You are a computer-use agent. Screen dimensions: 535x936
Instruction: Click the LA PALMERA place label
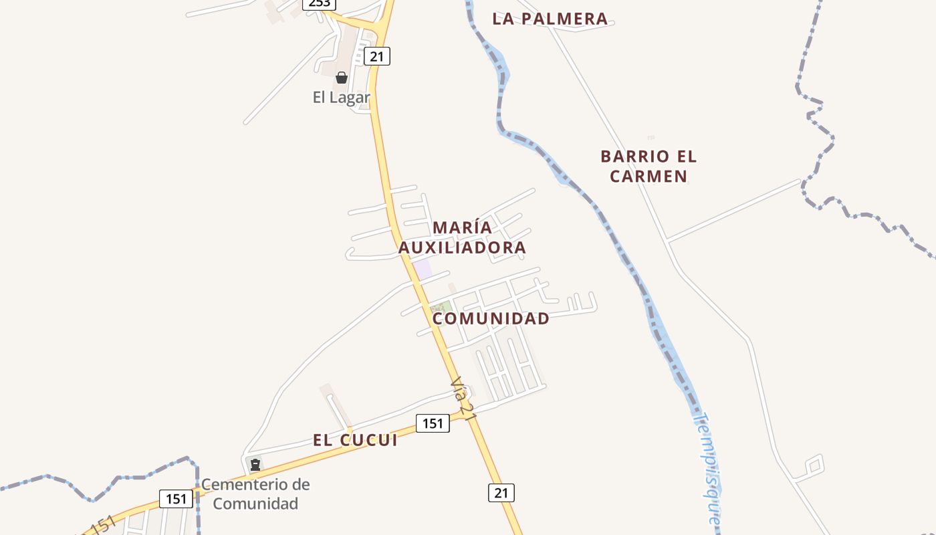(550, 19)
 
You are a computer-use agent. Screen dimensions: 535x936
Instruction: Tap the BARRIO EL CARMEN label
(649, 167)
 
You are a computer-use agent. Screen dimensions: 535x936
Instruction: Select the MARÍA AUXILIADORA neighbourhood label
(463, 237)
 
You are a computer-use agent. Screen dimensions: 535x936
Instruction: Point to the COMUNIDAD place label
(491, 318)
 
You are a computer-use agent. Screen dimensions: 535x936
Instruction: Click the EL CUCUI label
(355, 440)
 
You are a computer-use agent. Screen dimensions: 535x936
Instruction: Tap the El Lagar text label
(341, 98)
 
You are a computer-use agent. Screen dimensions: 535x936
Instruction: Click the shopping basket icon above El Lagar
(342, 78)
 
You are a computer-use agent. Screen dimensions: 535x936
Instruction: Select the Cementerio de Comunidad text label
(255, 494)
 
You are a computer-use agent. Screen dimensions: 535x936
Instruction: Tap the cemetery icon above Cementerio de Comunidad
(255, 464)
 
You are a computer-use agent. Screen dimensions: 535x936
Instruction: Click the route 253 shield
(319, 3)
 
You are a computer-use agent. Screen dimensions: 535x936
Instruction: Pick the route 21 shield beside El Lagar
(377, 56)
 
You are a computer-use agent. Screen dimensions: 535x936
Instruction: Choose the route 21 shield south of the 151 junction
(501, 493)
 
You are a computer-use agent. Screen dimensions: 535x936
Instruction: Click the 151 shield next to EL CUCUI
(433, 423)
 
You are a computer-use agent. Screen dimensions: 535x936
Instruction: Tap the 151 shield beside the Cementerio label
(176, 498)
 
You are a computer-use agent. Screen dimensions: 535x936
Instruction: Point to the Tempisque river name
(707, 468)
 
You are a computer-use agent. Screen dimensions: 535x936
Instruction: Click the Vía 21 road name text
(463, 399)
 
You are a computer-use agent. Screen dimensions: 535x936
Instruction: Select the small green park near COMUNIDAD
(440, 307)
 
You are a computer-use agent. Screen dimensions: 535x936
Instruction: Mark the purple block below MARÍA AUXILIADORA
(423, 270)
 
